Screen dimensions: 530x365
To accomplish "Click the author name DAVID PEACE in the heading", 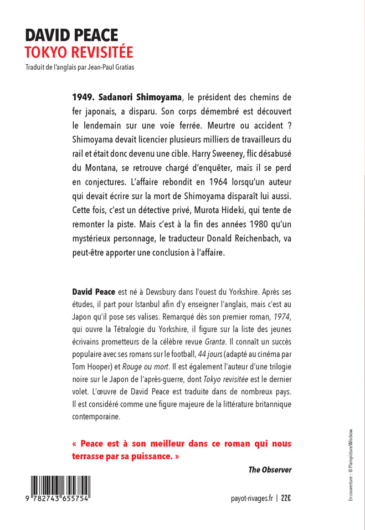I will [71, 35].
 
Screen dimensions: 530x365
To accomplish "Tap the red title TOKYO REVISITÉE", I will [79, 52].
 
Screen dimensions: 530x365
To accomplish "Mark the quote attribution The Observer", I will [270, 470].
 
